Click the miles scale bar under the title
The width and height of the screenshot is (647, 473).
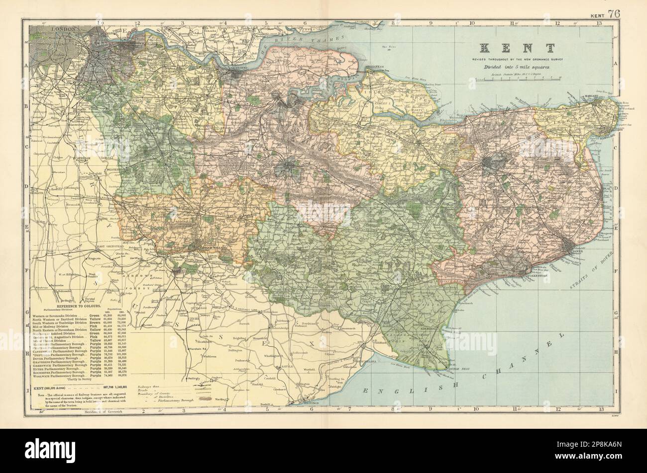518,78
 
